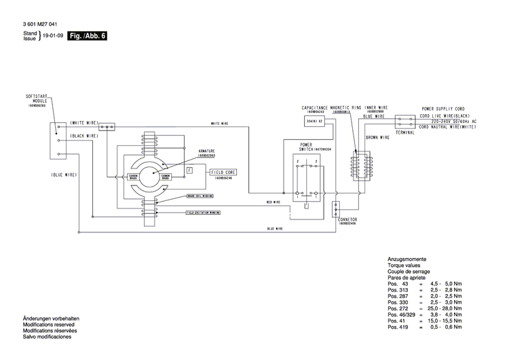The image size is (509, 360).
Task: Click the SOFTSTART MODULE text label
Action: pyautogui.click(x=35, y=99)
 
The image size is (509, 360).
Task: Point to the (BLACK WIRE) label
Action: pyautogui.click(x=84, y=137)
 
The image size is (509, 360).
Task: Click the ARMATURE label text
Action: pyautogui.click(x=207, y=149)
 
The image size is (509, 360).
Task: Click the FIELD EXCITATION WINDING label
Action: pyautogui.click(x=203, y=212)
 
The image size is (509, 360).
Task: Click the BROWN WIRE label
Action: pyautogui.click(x=377, y=137)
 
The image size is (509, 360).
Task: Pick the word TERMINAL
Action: pyautogui.click(x=405, y=133)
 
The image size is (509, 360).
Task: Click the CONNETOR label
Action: pyautogui.click(x=347, y=220)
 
